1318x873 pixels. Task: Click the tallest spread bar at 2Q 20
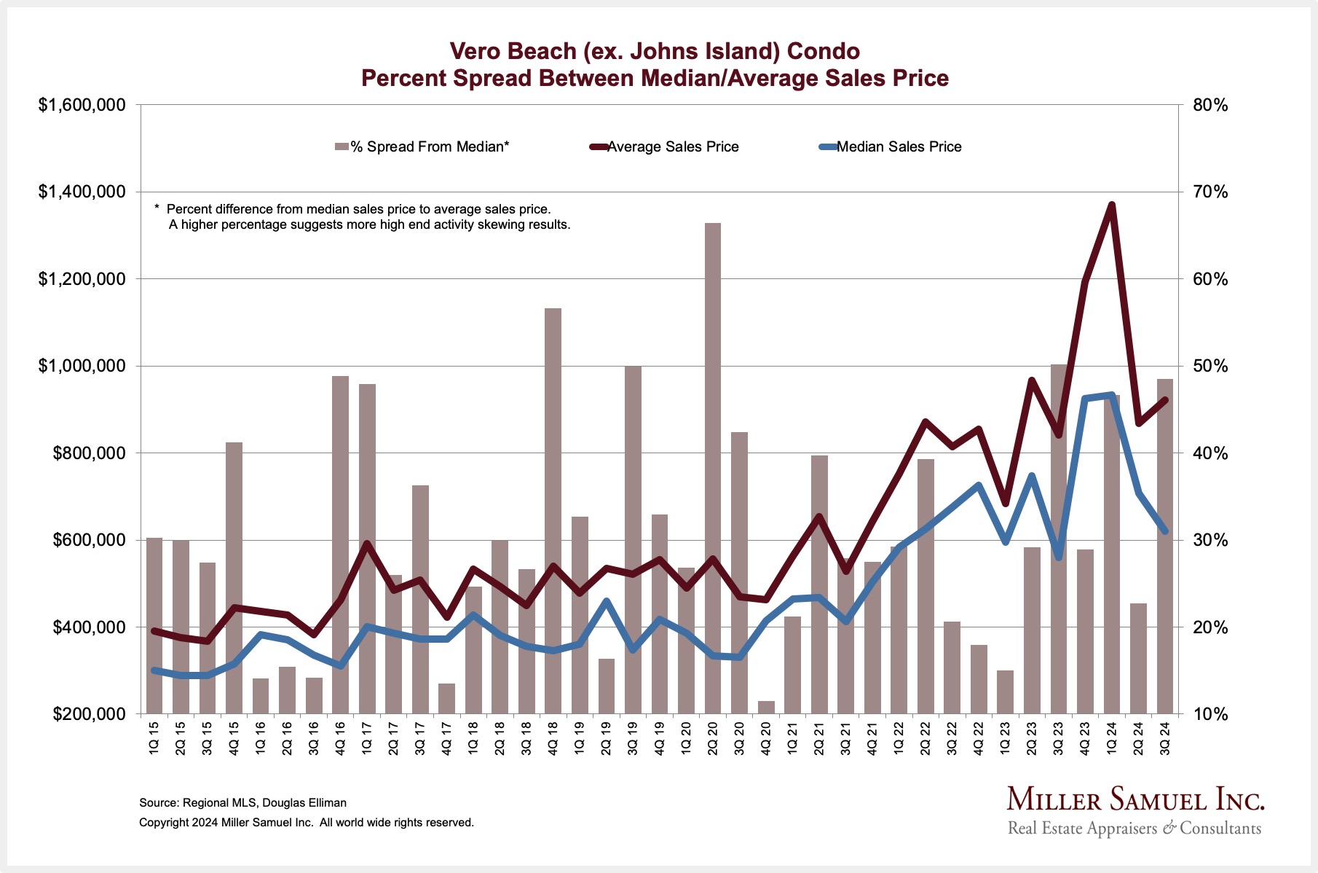pyautogui.click(x=712, y=466)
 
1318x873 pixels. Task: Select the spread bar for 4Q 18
pyautogui.click(x=553, y=510)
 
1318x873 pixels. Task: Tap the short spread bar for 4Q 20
pyautogui.click(x=766, y=708)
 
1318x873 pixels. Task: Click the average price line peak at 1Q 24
pyautogui.click(x=1112, y=205)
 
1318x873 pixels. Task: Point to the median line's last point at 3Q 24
pyautogui.click(x=1165, y=531)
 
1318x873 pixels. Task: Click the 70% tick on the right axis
pyautogui.click(x=1210, y=192)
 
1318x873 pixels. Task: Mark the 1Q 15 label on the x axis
pyautogui.click(x=154, y=737)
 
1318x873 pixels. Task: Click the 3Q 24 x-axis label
pyautogui.click(x=1165, y=737)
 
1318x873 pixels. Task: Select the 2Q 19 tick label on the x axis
pyautogui.click(x=606, y=737)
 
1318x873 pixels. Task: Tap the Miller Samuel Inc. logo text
pyautogui.click(x=1135, y=799)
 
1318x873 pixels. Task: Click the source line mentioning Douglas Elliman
pyautogui.click(x=242, y=803)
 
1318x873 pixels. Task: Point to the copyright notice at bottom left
pyautogui.click(x=306, y=823)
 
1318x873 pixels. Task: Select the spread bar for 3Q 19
pyautogui.click(x=633, y=539)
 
